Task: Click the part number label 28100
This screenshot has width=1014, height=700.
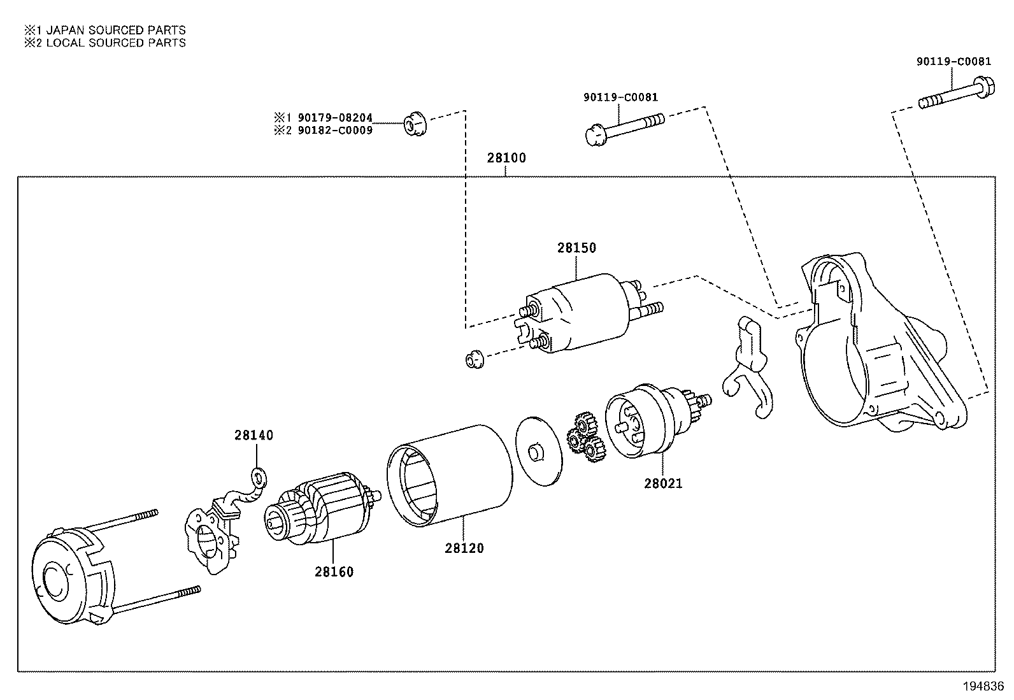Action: [506, 158]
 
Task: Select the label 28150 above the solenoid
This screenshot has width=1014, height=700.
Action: [576, 248]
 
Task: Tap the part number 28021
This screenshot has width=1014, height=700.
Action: [662, 483]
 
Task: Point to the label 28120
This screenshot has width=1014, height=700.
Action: [464, 548]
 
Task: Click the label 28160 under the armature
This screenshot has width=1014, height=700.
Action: [334, 571]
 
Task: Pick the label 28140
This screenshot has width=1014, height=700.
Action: [253, 435]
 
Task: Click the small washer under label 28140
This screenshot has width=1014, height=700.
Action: [259, 476]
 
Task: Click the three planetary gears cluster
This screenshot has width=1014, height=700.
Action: [584, 438]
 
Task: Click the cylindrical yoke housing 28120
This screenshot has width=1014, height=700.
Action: [449, 475]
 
